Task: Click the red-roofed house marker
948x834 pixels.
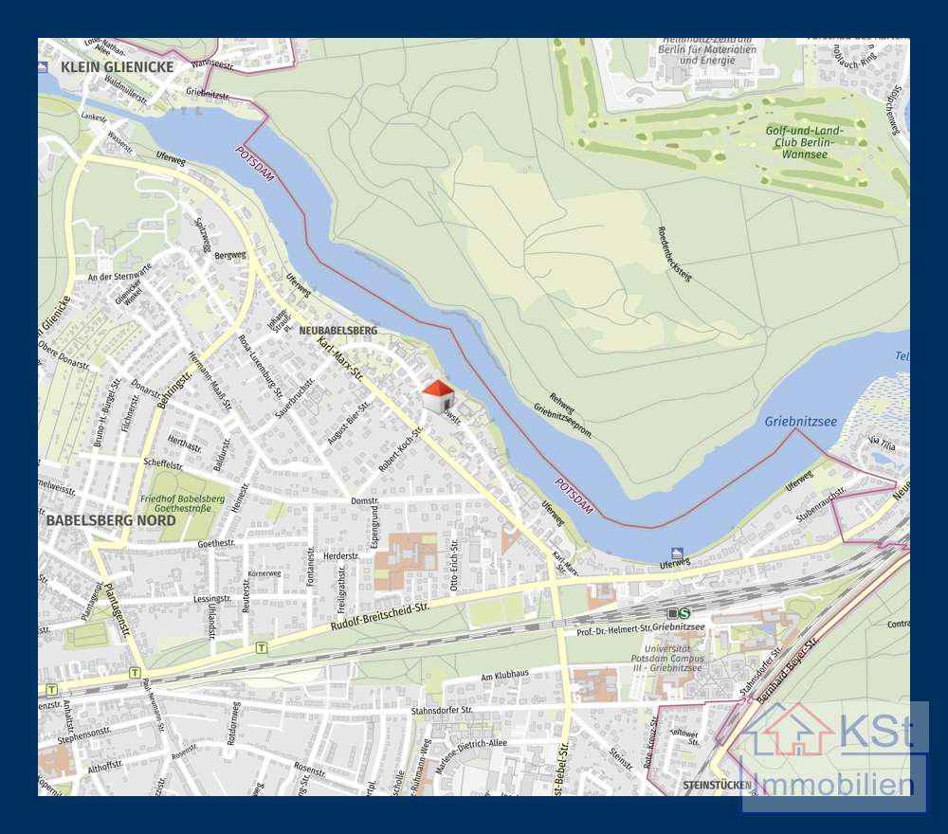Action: pos(437,395)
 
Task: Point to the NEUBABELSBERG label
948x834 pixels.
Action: pos(337,330)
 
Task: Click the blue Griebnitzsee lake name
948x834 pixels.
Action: pos(801,421)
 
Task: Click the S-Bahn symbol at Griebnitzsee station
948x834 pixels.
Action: pos(684,613)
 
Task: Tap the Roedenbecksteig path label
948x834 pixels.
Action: pos(675,255)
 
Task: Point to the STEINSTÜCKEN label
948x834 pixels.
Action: pos(717,785)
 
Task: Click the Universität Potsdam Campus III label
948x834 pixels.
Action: pos(669,652)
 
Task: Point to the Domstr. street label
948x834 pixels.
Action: pos(364,500)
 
